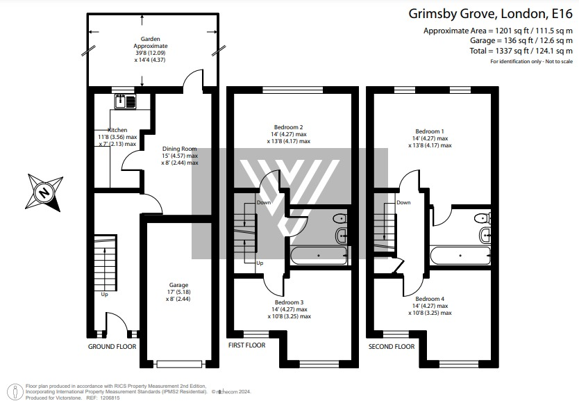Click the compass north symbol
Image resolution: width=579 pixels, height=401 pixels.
click(45, 192)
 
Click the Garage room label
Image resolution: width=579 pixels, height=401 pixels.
click(179, 284)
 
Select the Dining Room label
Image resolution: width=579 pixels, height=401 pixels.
click(180, 149)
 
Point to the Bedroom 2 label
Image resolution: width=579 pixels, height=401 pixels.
click(288, 127)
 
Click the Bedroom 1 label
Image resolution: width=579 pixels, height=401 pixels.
click(429, 131)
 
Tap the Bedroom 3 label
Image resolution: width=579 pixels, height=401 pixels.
click(289, 302)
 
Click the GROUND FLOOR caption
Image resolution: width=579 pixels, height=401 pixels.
click(112, 346)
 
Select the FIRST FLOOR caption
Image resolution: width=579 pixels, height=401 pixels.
click(247, 345)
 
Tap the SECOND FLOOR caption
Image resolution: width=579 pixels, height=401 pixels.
click(392, 346)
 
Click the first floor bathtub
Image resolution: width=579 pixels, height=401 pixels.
click(318, 255)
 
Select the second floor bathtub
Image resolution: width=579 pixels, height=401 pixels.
click(460, 256)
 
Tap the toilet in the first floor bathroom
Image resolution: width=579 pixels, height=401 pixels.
click(341, 220)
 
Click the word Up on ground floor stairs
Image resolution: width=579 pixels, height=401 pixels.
click(105, 294)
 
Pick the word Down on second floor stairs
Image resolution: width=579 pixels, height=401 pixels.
click(403, 203)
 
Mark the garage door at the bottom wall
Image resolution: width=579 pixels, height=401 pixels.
click(180, 363)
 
